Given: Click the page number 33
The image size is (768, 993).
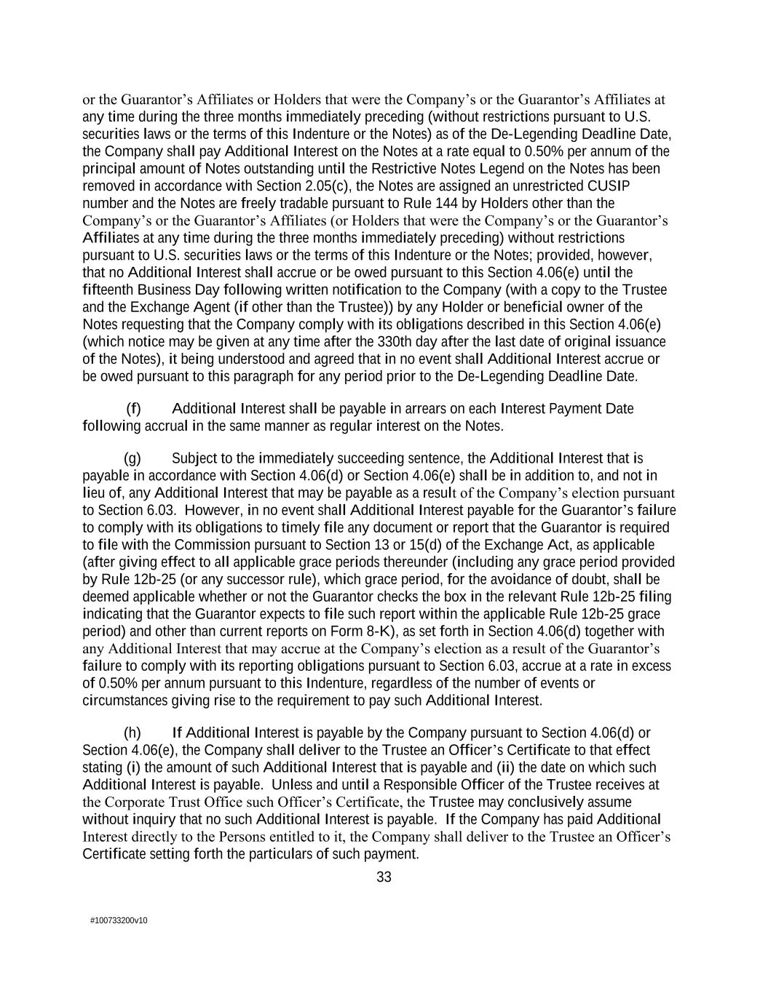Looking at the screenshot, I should tap(384, 877).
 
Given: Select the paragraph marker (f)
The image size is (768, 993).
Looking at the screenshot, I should tap(133, 409).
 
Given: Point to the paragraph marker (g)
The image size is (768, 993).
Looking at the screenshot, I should tap(132, 458).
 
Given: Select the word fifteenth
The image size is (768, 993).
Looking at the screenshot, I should tap(111, 290).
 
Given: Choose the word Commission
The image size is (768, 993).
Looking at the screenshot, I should tap(207, 545).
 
